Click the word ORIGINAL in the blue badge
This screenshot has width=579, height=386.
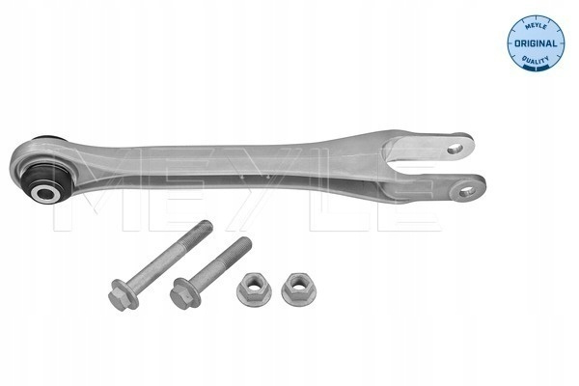pos(536,43)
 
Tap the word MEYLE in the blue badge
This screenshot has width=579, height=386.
pos(537,26)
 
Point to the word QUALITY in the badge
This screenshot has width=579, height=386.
pos(536,59)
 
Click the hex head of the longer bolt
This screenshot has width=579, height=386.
pos(119,295)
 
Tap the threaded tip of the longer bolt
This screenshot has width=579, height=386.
pos(205,229)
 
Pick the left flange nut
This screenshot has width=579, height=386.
pos(254,289)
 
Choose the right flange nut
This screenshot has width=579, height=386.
pos(298,289)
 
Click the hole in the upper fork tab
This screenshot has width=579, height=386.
pos(455,149)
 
